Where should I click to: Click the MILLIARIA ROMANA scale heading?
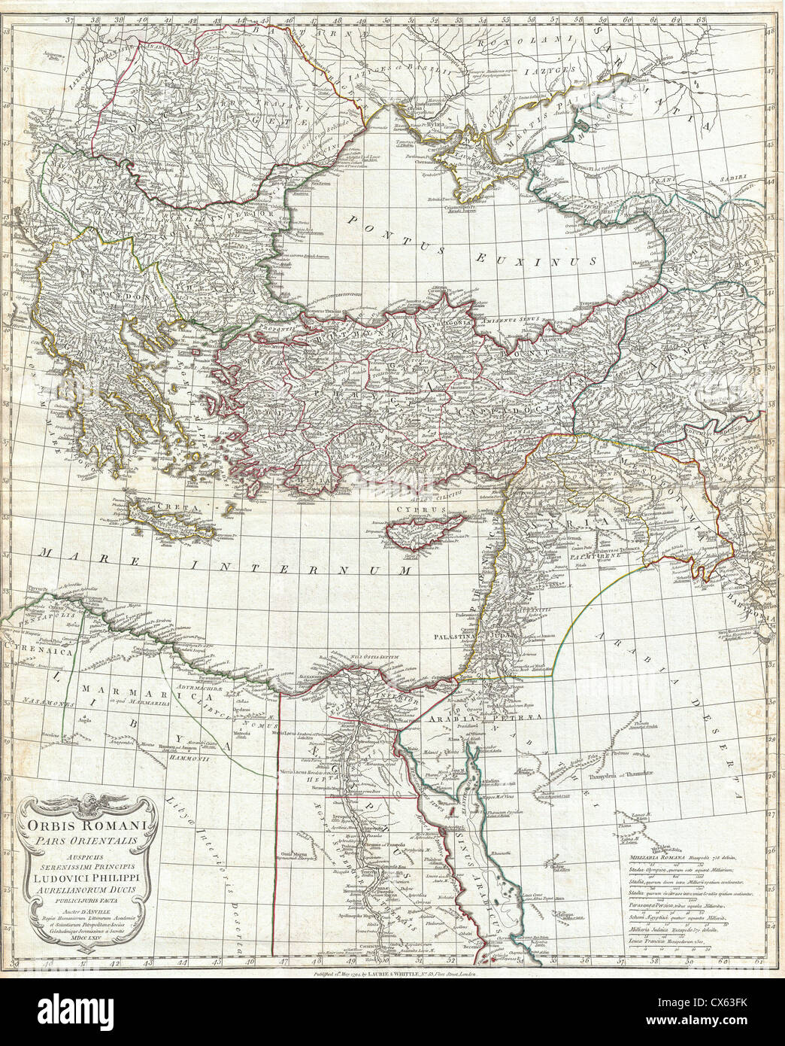pyautogui.click(x=648, y=857)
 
